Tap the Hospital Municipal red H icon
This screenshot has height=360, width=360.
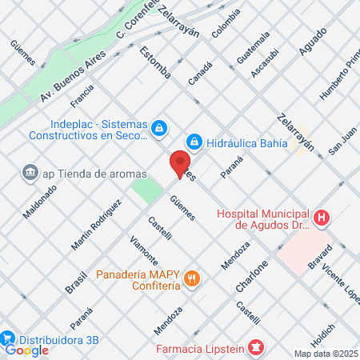tap(322, 217)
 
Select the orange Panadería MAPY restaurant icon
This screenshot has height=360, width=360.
tap(191, 279)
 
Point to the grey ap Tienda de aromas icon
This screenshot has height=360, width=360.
tap(30, 173)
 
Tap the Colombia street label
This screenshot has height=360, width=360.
tap(226, 23)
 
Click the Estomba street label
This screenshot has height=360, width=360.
tap(155, 62)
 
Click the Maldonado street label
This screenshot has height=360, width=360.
tap(40, 207)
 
